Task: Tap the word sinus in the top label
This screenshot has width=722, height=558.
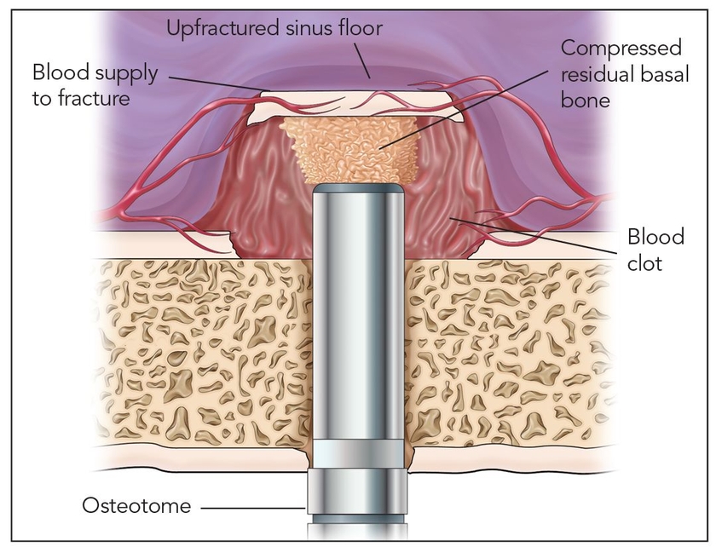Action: (x=303, y=29)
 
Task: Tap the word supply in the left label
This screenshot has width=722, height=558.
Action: (x=128, y=73)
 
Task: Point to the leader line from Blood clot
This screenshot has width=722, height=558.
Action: (x=546, y=239)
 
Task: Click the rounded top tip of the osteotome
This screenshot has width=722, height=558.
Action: (x=357, y=191)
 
